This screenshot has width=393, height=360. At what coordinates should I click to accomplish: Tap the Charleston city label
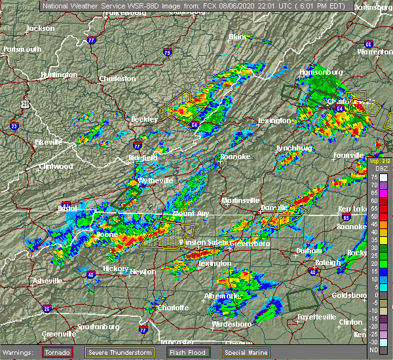click(117, 79)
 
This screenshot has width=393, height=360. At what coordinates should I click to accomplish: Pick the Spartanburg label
click(97, 326)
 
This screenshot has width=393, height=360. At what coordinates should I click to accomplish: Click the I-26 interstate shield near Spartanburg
click(47, 308)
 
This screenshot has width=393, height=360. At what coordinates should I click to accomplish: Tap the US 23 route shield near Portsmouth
click(25, 103)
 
